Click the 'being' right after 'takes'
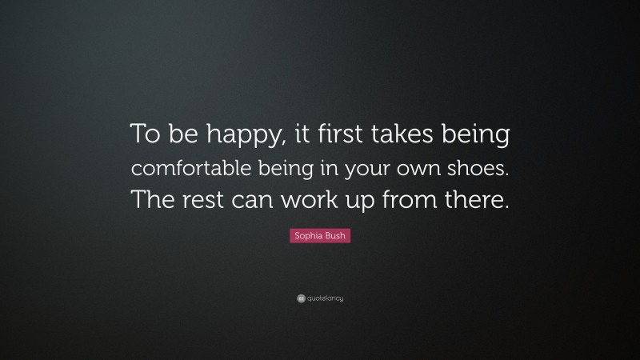tap(478, 138)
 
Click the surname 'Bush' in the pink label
tap(336, 236)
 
